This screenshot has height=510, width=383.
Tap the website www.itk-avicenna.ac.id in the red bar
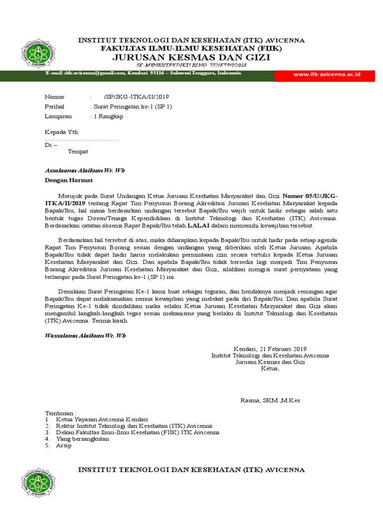click(x=327, y=74)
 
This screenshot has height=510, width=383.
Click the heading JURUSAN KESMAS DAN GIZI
click(x=191, y=57)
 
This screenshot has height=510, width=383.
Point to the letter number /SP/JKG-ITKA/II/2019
click(x=140, y=97)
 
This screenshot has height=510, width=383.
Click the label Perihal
click(x=54, y=107)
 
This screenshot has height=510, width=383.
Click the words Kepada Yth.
click(x=62, y=132)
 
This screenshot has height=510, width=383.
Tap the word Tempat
click(x=78, y=151)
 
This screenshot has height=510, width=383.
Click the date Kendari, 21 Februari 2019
click(x=270, y=349)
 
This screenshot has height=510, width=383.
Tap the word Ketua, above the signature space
click(x=270, y=369)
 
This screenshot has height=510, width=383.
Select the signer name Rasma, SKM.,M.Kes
click(x=270, y=400)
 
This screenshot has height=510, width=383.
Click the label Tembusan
click(x=61, y=413)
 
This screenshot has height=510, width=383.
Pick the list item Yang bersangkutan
click(x=82, y=439)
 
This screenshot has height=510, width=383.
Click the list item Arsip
click(x=64, y=445)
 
